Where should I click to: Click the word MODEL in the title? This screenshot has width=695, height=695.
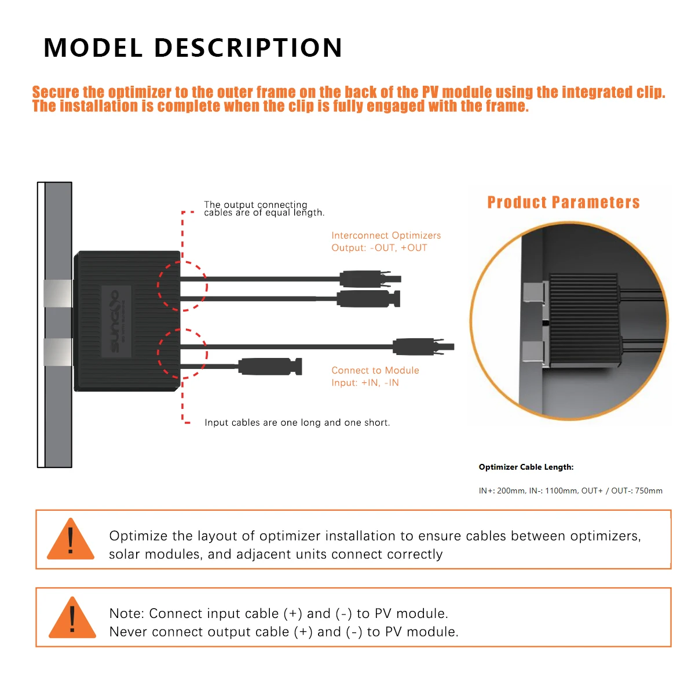(93, 47)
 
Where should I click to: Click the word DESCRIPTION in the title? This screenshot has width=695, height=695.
(248, 47)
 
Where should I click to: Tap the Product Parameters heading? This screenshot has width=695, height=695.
(563, 202)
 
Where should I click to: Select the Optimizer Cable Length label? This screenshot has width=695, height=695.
(526, 467)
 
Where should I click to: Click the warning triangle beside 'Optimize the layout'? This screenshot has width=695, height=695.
(71, 539)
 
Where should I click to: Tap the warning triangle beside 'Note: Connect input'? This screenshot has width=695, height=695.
(72, 617)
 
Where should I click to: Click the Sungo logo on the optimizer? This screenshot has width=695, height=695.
(116, 321)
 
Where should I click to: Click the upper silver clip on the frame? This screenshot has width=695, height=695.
(58, 293)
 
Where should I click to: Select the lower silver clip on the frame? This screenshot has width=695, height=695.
(58, 352)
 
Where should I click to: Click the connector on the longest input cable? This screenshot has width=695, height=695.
(423, 346)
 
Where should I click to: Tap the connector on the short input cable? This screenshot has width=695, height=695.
(270, 367)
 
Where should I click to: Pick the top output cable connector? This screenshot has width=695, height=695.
(370, 279)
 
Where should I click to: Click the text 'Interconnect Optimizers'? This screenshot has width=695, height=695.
(386, 236)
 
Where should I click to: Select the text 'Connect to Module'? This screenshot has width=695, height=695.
(375, 371)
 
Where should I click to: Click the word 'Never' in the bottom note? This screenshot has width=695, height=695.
(128, 632)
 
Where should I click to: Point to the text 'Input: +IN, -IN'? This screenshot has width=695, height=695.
(365, 383)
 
